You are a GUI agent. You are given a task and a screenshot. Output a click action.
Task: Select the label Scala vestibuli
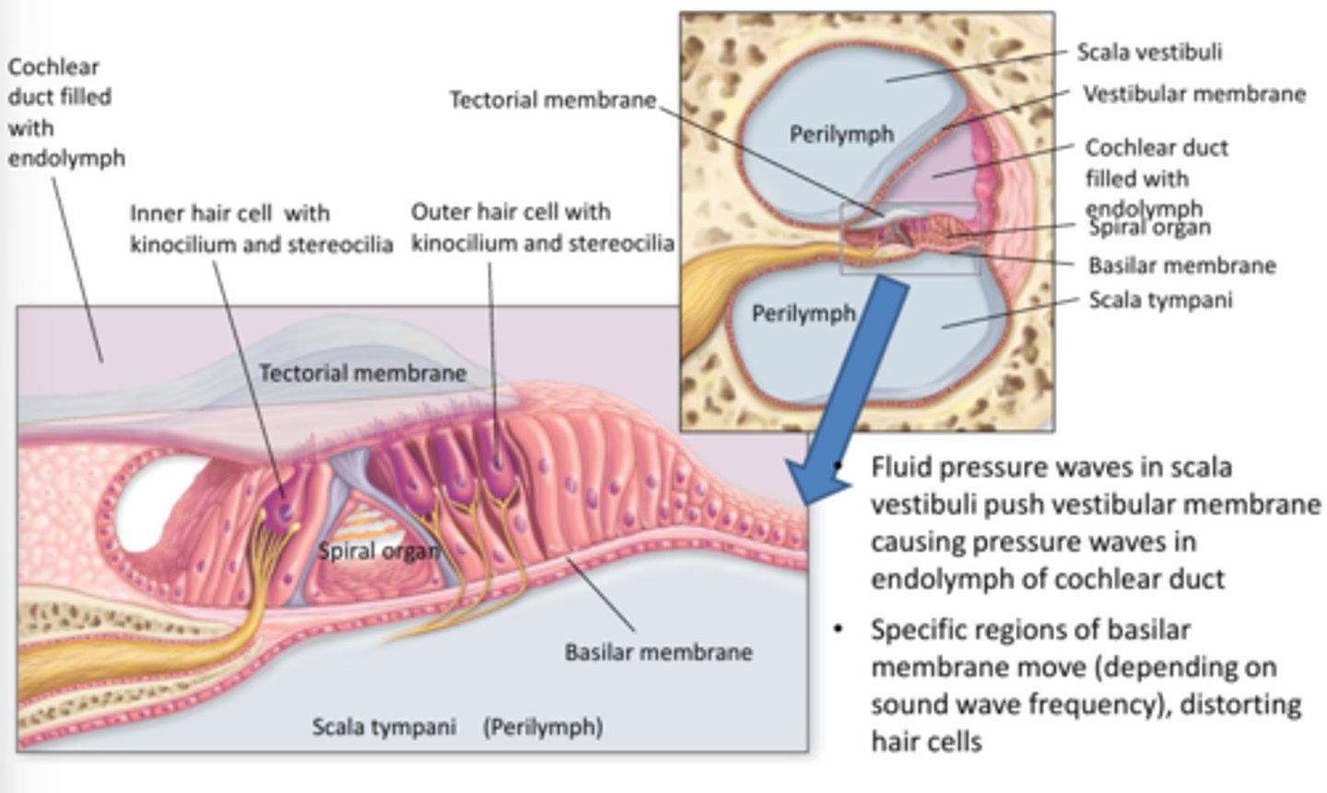tap(1149, 52)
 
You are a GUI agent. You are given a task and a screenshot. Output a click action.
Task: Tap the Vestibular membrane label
tap(1193, 94)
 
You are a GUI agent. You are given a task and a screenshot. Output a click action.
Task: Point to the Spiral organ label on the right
tap(1149, 227)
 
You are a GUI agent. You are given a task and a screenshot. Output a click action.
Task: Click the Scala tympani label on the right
tap(1160, 300)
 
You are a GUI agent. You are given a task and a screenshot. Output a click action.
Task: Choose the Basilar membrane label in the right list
tap(1181, 266)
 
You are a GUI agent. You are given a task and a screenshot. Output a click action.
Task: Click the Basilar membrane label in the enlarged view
tap(658, 652)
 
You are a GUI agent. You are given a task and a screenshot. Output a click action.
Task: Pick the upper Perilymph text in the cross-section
tap(841, 134)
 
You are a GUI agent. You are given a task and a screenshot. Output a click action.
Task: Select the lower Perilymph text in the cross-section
tap(804, 314)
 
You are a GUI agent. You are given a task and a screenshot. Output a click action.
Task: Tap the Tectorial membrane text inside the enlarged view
tap(362, 373)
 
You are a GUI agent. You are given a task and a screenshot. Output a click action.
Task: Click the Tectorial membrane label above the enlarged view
tap(552, 99)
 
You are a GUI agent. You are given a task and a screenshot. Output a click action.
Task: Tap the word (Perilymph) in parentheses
tap(543, 728)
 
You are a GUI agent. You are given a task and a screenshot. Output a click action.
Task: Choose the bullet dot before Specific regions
tap(838, 630)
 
